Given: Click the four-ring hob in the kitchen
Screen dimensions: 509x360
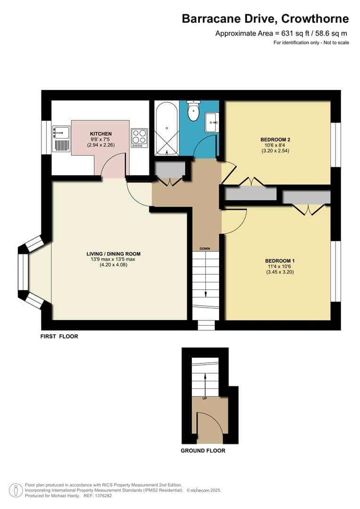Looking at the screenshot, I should point(139,138).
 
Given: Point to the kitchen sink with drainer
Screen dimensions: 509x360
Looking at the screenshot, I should point(61,138).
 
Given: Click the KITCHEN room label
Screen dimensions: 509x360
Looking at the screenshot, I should point(101,134).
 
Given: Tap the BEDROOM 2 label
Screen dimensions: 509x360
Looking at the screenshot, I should point(275,140).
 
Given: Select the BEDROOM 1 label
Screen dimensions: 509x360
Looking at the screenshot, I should point(279,261).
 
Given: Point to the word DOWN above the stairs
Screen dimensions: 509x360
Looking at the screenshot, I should point(205,248).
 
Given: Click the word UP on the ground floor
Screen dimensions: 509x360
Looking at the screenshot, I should point(205,398).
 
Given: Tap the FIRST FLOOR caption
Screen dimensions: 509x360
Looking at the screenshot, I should point(59,337).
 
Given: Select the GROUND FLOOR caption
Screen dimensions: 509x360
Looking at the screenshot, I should point(203,451).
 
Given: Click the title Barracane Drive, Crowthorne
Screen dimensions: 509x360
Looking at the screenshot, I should point(265,19).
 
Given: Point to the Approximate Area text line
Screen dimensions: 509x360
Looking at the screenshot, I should point(282,33).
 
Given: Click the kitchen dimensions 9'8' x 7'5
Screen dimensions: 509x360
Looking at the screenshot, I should point(101,140).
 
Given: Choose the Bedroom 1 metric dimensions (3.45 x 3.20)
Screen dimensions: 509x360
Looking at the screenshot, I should point(279,272).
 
